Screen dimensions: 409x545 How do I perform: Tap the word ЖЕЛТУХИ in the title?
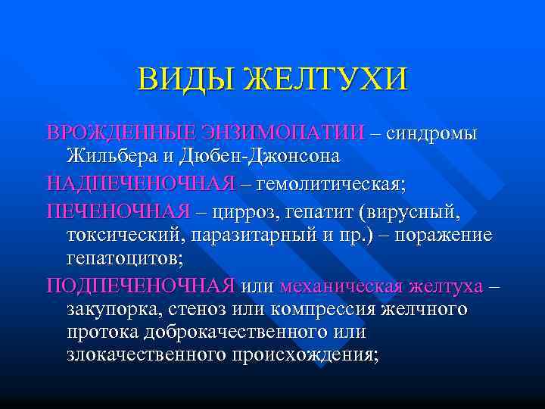(x=325, y=79)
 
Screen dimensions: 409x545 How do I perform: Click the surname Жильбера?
(x=120, y=158)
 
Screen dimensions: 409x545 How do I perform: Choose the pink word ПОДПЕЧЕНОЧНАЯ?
(x=141, y=286)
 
